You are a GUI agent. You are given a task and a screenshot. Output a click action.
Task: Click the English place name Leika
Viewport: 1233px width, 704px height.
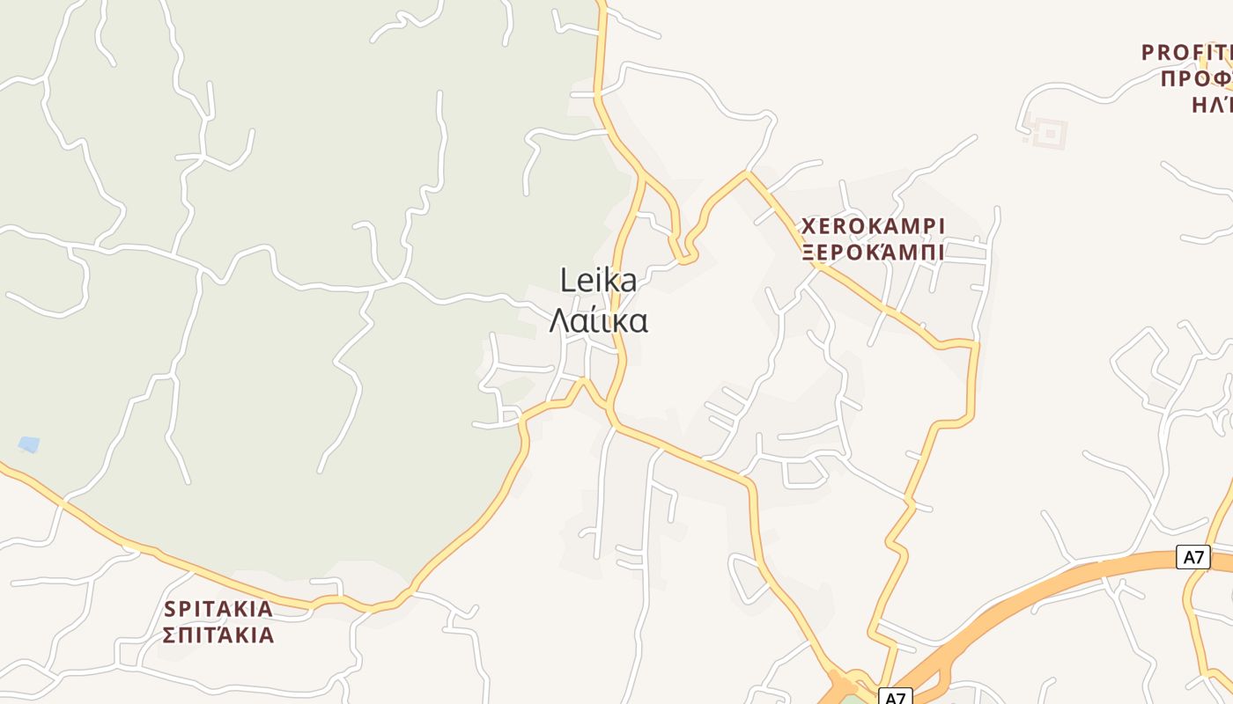point(598,281)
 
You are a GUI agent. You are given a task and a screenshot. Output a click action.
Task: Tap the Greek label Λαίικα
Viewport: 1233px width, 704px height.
point(598,321)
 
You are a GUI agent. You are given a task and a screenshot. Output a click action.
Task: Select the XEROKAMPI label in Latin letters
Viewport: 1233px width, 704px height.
point(872,226)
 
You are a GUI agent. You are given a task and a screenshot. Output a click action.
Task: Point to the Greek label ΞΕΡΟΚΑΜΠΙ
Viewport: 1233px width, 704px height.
point(872,253)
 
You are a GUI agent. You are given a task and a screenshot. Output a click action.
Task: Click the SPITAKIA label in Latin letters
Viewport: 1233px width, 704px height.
point(218,609)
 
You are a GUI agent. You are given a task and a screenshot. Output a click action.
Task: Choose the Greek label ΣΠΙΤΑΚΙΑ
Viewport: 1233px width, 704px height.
point(218,635)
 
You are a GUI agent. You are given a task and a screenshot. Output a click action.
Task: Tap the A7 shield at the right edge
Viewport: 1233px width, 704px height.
point(1193,556)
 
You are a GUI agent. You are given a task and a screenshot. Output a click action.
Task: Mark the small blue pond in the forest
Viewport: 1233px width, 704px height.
point(29,444)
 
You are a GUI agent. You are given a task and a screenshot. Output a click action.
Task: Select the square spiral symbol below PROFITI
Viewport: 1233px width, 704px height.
point(1049,134)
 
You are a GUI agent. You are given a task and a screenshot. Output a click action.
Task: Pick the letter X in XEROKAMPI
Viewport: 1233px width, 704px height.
point(808,226)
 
